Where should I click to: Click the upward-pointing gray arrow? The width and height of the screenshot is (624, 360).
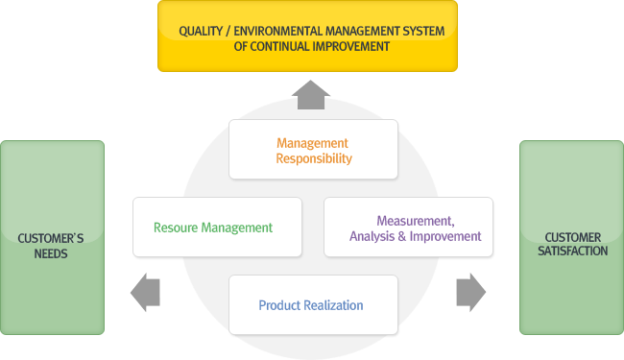click(x=313, y=94)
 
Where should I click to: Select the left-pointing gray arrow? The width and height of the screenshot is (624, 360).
click(x=145, y=292)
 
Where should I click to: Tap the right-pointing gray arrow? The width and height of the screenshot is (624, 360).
click(x=470, y=292)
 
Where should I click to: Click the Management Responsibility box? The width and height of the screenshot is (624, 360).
click(x=313, y=150)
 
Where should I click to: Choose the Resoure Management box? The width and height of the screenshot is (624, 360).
click(x=217, y=227)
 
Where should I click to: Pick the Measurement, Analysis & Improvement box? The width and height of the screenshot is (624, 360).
click(x=409, y=227)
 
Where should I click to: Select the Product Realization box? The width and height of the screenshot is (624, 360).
click(x=313, y=304)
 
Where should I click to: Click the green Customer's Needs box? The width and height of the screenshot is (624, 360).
click(x=52, y=237)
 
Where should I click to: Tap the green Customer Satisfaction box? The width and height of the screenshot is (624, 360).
click(x=571, y=237)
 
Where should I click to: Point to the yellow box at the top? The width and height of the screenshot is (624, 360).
click(x=307, y=36)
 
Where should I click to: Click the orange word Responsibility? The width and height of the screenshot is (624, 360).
click(x=314, y=158)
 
